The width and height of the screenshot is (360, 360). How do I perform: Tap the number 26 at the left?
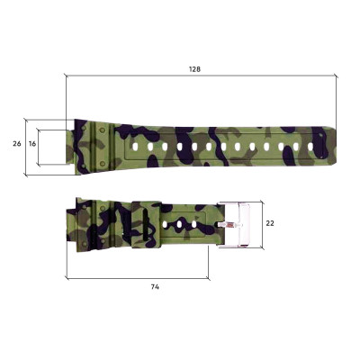(x=16, y=144)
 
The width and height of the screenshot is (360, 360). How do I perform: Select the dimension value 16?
(x=32, y=144)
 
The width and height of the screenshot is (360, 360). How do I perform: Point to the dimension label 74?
(x=156, y=286)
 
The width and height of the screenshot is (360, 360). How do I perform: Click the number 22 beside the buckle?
(x=268, y=222)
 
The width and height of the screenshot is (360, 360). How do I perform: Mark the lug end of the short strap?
(x=71, y=224)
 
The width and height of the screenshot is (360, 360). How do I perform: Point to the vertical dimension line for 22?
(x=260, y=222)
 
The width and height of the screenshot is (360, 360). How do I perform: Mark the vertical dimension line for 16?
(x=42, y=144)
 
